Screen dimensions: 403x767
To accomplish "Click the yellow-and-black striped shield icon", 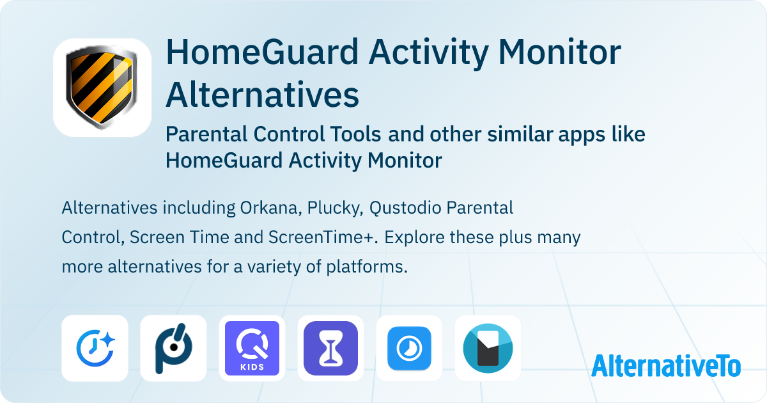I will (102, 88).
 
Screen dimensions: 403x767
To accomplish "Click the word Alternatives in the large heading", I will (262, 95).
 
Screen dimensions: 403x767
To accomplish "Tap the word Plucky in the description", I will (329, 209).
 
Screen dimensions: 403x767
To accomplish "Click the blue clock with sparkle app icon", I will (95, 348).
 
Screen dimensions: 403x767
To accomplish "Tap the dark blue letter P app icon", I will (173, 348).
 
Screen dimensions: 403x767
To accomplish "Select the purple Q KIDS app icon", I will (252, 348).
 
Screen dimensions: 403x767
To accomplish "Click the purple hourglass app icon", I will (330, 348).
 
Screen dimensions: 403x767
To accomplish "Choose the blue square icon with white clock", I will (409, 348).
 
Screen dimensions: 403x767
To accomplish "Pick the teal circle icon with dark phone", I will (488, 348).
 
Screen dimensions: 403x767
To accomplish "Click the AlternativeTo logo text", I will (666, 366).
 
